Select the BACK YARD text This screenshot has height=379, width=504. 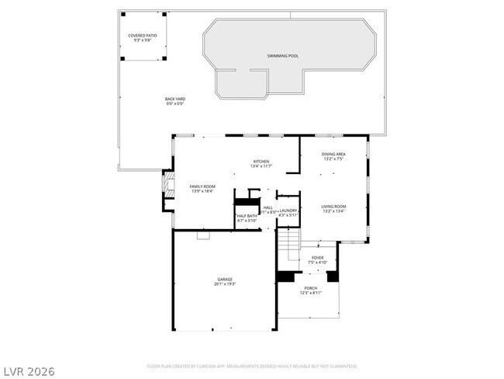174,99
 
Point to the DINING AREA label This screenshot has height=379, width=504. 333,154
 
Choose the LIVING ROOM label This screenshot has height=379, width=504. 333,206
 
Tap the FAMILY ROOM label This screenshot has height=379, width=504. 202,186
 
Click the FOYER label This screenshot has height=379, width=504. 318,257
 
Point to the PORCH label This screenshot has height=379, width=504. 310,287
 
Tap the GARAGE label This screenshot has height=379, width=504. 225,279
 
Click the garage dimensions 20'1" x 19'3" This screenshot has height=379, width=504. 225,284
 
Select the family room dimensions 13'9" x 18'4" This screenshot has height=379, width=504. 202,192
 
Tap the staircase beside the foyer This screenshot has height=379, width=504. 289,247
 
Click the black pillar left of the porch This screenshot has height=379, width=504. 286,276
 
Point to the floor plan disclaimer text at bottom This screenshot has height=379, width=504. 252,365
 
